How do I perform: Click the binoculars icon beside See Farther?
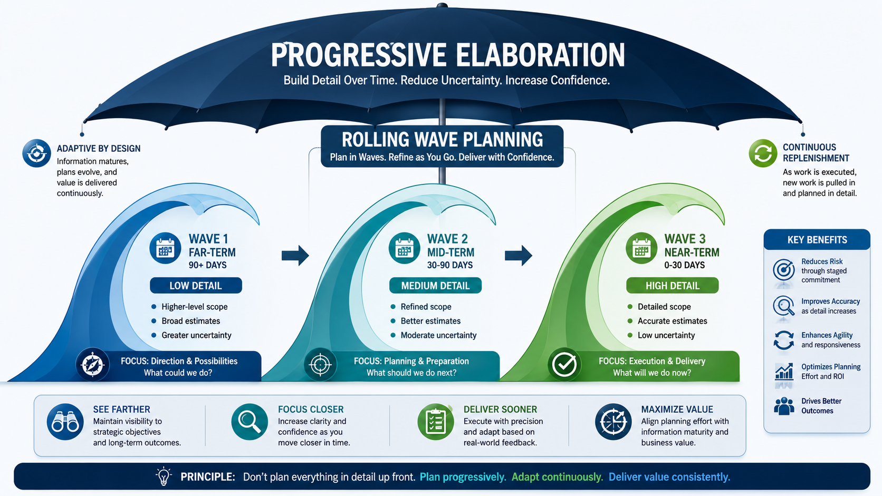(65, 422)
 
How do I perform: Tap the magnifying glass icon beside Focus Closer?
(250, 422)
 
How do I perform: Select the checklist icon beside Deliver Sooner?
(436, 422)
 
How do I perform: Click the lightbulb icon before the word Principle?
(164, 476)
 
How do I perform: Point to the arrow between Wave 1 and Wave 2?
(295, 256)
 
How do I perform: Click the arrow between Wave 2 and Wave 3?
(519, 256)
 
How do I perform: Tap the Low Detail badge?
(196, 286)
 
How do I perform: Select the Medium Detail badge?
(435, 286)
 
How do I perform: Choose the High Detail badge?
(673, 286)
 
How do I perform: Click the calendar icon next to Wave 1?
(166, 248)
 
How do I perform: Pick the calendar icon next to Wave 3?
(641, 248)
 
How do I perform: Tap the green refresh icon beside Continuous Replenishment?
(763, 153)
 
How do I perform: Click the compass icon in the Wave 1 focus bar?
(92, 365)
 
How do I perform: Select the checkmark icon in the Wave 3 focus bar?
(564, 365)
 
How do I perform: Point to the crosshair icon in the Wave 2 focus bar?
(320, 365)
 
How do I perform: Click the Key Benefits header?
(817, 239)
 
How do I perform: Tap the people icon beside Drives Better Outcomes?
(784, 406)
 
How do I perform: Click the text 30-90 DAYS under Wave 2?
(449, 265)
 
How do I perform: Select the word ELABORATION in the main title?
(540, 55)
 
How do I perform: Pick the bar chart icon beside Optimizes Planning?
(784, 371)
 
